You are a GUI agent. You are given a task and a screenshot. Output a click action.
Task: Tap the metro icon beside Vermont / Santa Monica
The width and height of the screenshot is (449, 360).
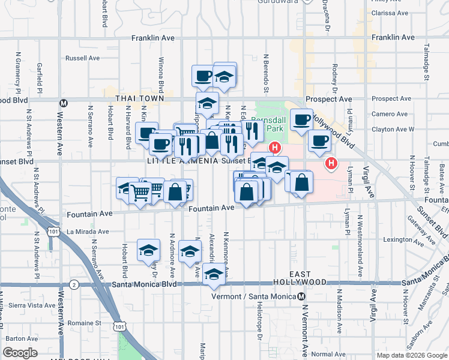(x=301, y=296)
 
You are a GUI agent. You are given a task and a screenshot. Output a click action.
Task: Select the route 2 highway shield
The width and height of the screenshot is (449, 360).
(x=73, y=284)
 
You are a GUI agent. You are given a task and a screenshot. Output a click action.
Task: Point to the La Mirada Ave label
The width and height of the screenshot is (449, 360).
(x=88, y=231)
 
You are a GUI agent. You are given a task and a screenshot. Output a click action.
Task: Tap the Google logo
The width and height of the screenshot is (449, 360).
(x=20, y=353)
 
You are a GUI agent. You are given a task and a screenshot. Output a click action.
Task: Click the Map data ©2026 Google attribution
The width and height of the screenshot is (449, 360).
(x=411, y=355)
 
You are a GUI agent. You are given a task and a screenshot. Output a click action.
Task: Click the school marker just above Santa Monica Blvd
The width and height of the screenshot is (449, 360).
(x=213, y=274)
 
